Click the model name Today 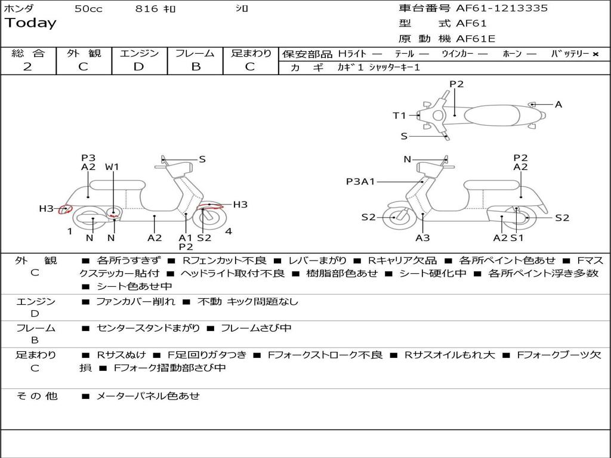[x=30, y=23]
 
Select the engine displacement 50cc [x=88, y=8]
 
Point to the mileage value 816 [x=147, y=8]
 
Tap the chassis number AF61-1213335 [x=501, y=8]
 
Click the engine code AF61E [x=476, y=39]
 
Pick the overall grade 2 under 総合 [x=27, y=67]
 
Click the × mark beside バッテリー [x=595, y=54]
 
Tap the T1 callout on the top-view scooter [x=399, y=116]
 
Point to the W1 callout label [x=112, y=167]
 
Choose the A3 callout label [x=422, y=238]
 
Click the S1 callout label [x=517, y=238]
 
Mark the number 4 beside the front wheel [x=229, y=231]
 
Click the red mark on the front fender [x=211, y=206]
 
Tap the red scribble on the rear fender [x=65, y=209]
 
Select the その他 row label [x=36, y=396]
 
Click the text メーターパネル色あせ [x=147, y=396]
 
